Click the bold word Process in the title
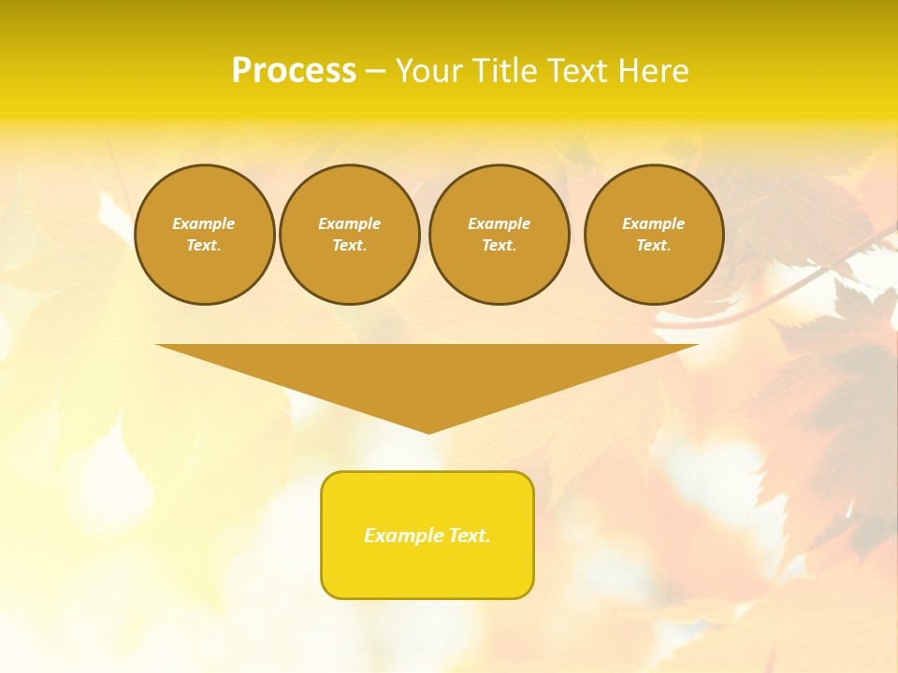[x=294, y=71]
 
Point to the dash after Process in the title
[x=375, y=72]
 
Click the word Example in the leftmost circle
[x=204, y=223]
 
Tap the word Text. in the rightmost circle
[x=654, y=245]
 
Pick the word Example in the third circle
[x=500, y=223]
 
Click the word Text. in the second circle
[x=350, y=245]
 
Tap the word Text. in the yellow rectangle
[x=470, y=536]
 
